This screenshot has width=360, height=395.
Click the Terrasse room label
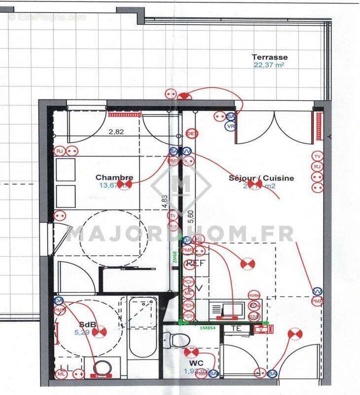(x=270, y=57)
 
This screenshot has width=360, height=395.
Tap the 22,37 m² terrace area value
(x=269, y=65)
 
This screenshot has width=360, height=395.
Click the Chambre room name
(x=114, y=177)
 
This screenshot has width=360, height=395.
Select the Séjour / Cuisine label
(x=261, y=178)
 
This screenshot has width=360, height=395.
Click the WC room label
(x=196, y=363)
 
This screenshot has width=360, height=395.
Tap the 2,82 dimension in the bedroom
(x=116, y=132)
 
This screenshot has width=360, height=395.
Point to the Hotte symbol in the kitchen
(x=254, y=295)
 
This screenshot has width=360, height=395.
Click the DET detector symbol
(x=191, y=134)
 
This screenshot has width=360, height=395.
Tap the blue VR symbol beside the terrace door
(x=230, y=126)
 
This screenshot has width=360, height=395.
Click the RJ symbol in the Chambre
(x=60, y=151)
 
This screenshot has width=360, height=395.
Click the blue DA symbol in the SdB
(x=59, y=300)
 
